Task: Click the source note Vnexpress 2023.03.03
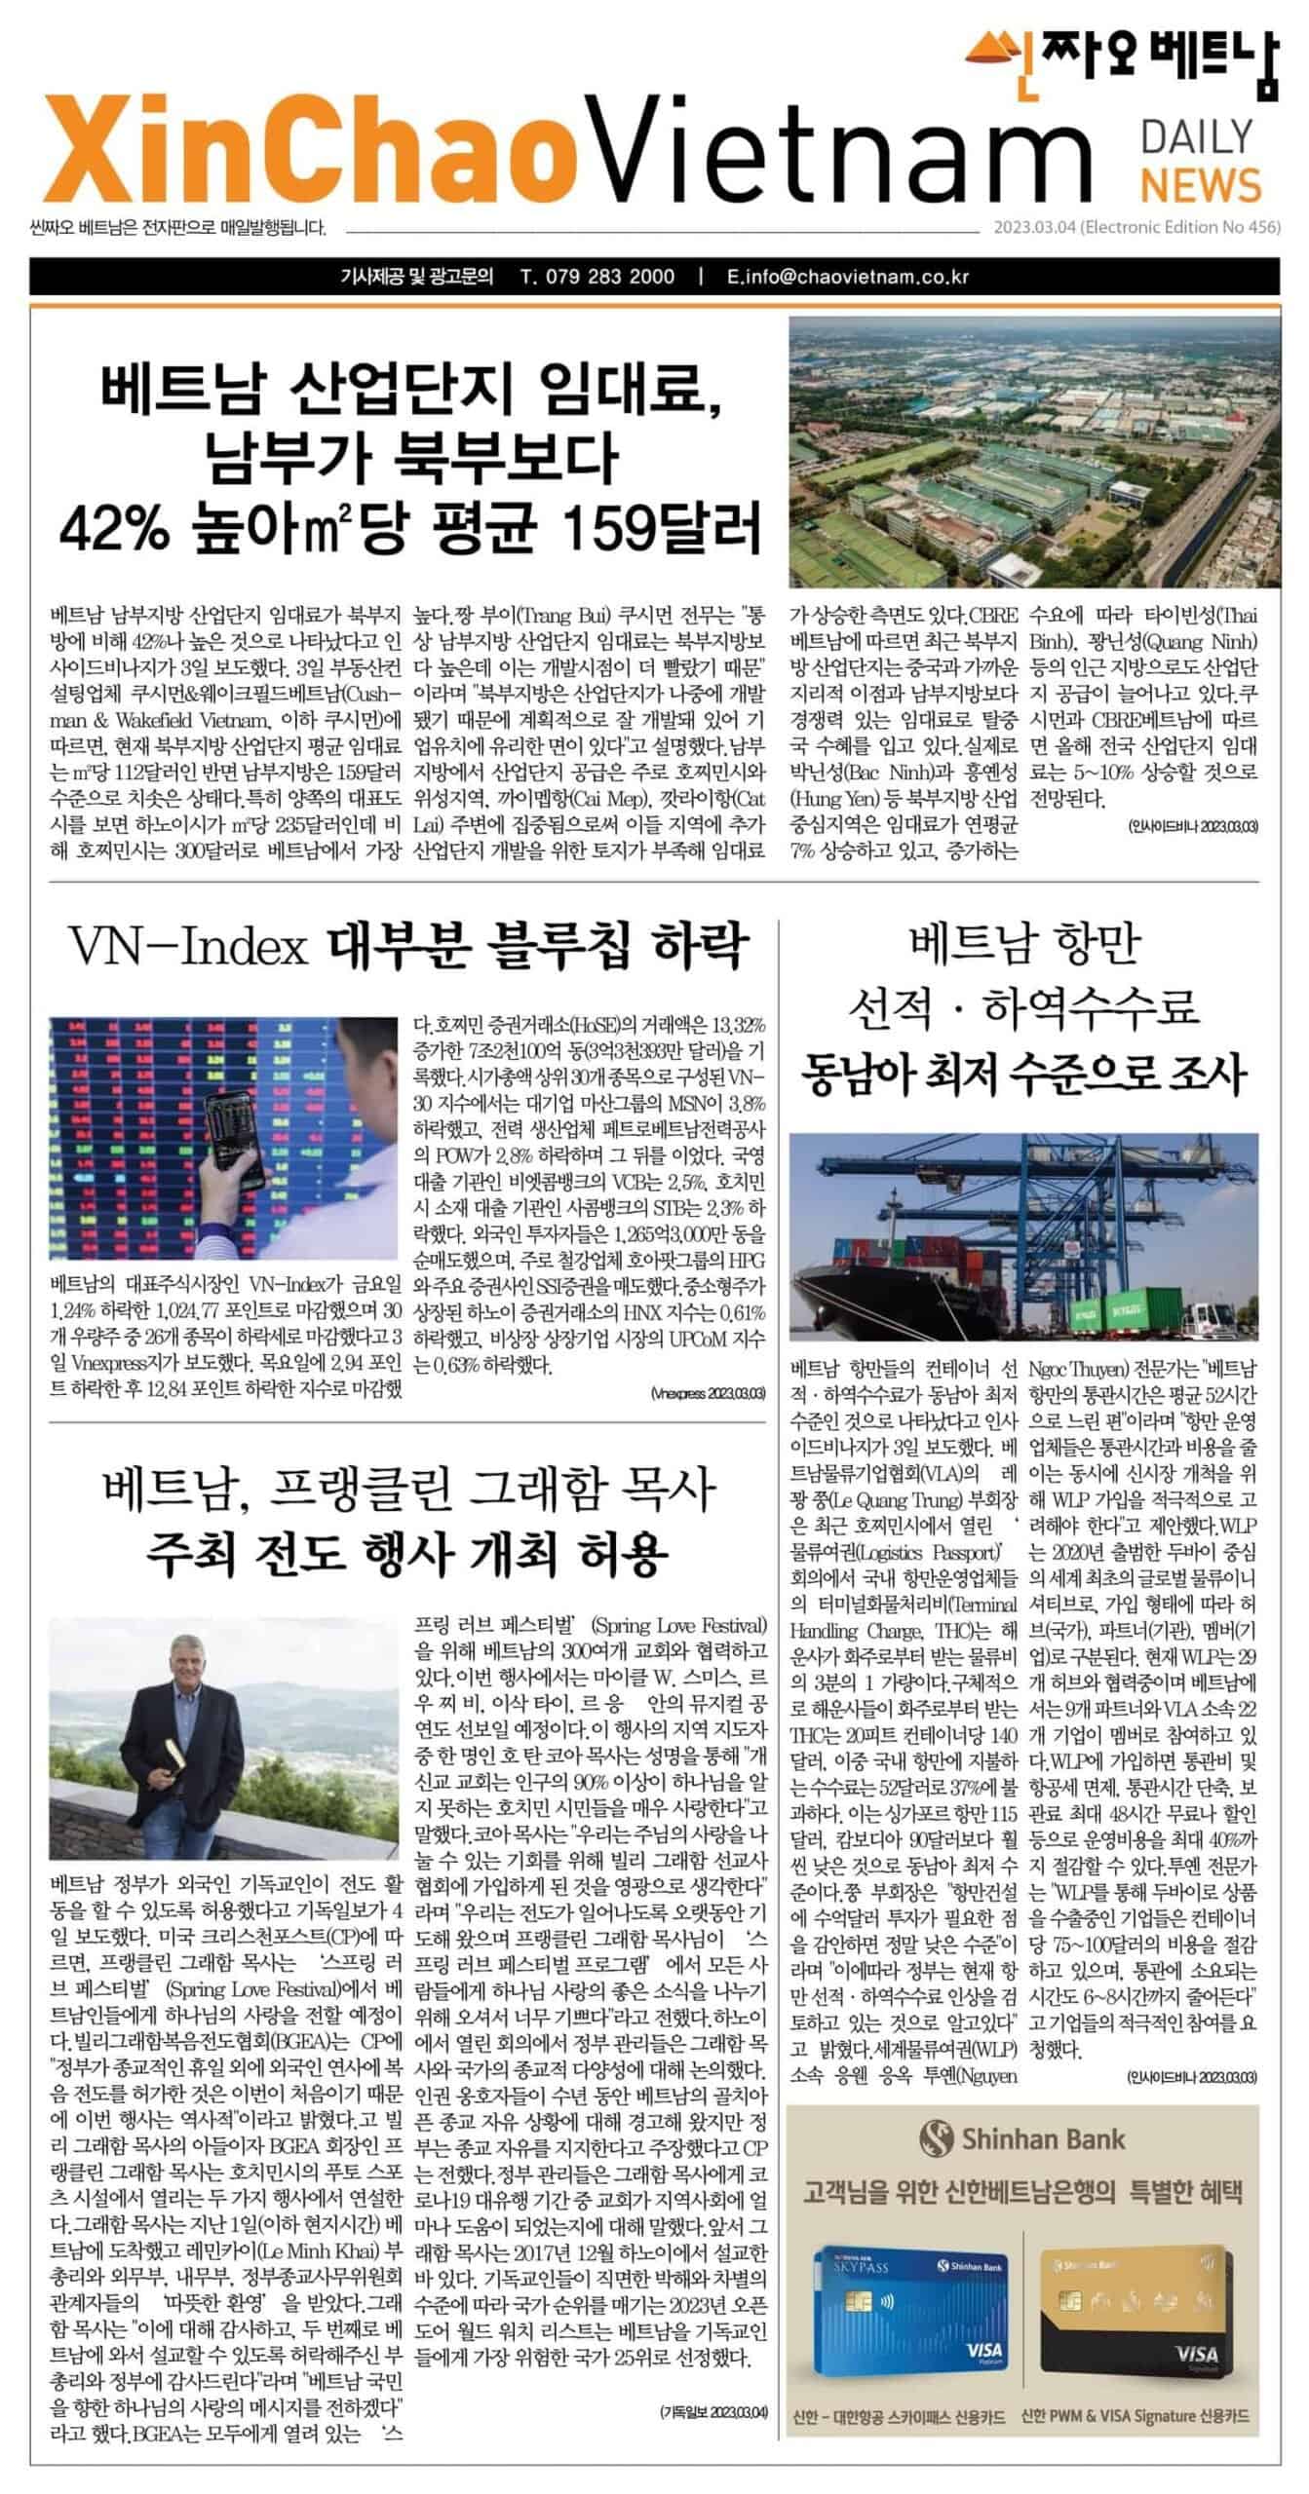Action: click(x=708, y=1394)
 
